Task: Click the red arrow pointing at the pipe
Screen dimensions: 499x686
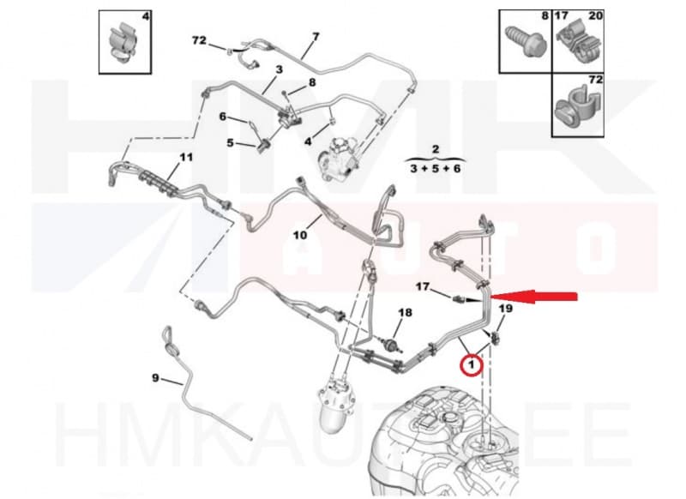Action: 540,298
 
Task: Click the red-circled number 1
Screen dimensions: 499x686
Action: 470,366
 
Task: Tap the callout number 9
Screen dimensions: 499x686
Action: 155,377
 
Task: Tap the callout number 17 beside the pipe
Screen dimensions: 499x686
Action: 422,286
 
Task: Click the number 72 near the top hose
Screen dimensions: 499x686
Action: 198,41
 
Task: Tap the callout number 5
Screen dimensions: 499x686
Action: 230,143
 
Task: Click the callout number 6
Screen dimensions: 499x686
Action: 222,117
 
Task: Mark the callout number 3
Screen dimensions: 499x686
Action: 279,69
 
